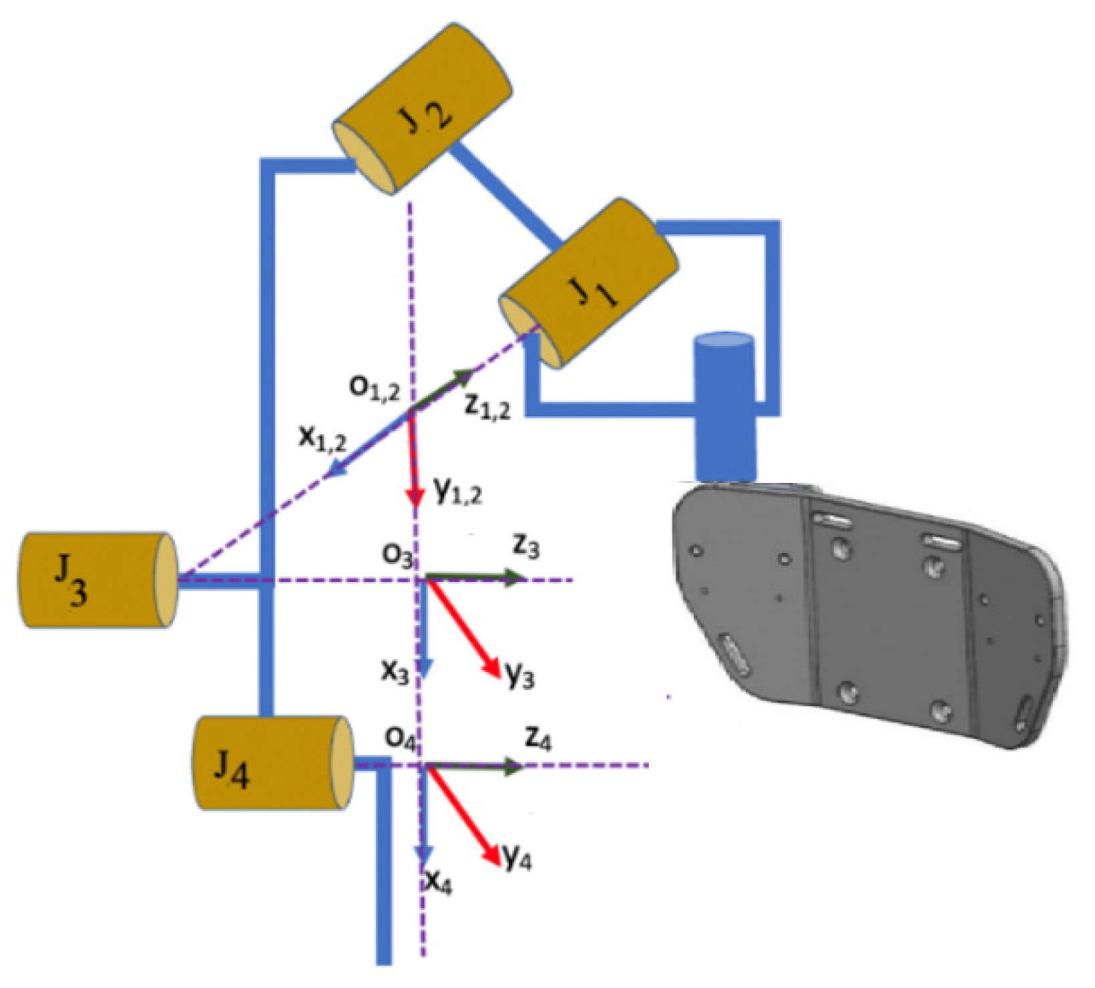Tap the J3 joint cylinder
click(x=97, y=580)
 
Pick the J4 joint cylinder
click(x=272, y=763)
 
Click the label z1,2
click(x=487, y=405)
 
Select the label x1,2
click(x=322, y=438)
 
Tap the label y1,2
click(x=457, y=492)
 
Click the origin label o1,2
click(x=375, y=387)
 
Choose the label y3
click(x=519, y=676)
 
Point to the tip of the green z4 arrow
click(x=523, y=766)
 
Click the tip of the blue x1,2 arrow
click(x=327, y=476)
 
